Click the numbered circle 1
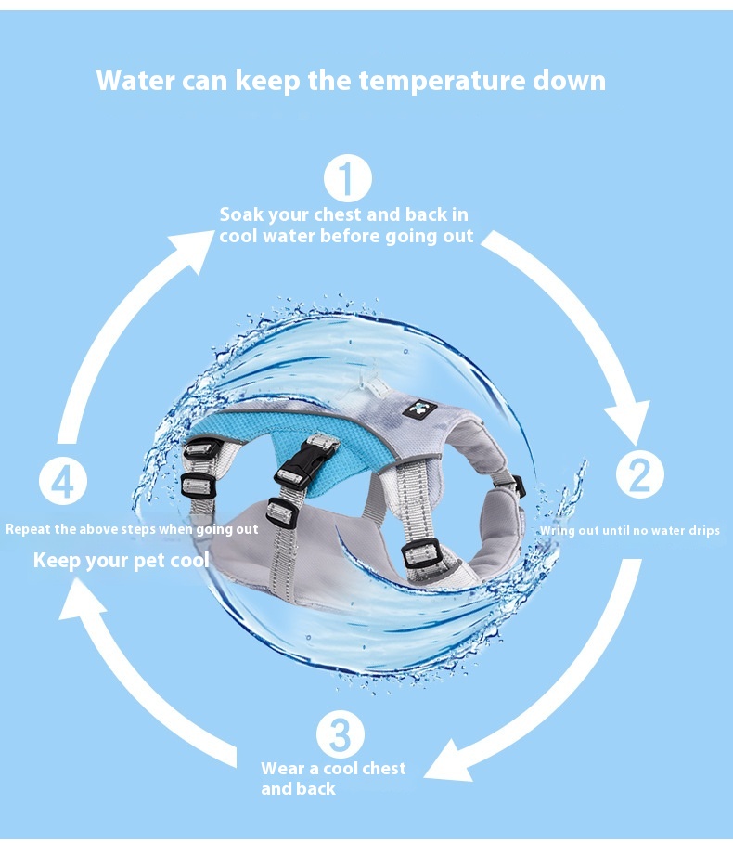coord(348,178)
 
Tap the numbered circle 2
coord(639,474)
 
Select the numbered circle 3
coord(341,734)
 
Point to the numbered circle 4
coord(63,481)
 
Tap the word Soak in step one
coord(241,214)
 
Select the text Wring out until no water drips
coord(630,531)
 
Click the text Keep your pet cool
coord(121,561)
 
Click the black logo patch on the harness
coord(419,410)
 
